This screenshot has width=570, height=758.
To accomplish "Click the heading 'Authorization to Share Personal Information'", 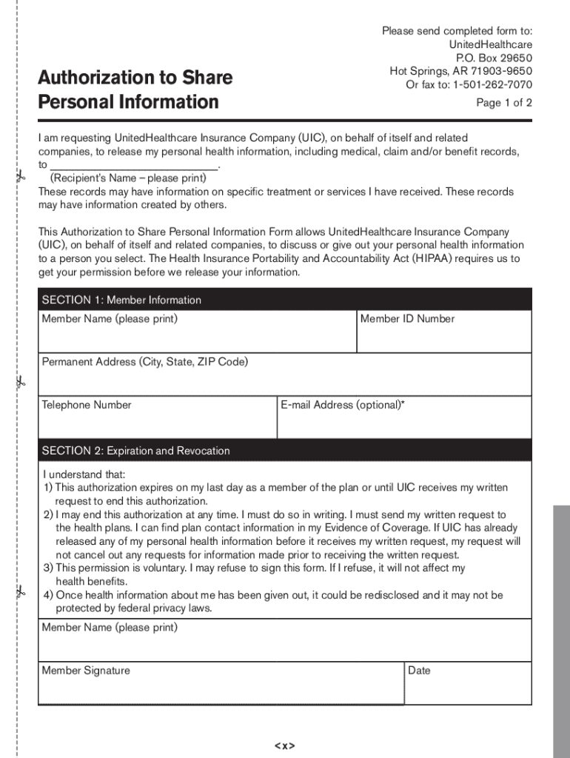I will [135, 90].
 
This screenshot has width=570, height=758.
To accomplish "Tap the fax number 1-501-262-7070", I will [492, 84].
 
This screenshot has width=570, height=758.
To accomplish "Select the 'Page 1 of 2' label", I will [503, 103].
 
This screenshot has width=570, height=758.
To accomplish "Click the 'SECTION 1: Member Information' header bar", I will [284, 300].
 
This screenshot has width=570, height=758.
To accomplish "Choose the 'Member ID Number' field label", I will [407, 319].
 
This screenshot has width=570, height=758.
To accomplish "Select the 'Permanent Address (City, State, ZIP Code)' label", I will [145, 362].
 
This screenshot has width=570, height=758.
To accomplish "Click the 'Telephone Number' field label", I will [87, 405].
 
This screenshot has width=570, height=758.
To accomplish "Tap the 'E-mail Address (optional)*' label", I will [343, 405].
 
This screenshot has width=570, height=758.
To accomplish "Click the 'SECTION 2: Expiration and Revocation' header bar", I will [284, 451].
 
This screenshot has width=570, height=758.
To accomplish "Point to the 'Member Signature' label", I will [86, 671].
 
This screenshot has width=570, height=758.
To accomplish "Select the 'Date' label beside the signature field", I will [419, 671].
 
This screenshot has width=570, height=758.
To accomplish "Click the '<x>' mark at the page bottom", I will [284, 745].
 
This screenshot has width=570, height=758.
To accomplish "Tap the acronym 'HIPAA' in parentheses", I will [430, 258].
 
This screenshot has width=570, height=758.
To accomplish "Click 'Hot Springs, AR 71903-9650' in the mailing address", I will [460, 71].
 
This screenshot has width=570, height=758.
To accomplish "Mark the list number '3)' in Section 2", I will [48, 568].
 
